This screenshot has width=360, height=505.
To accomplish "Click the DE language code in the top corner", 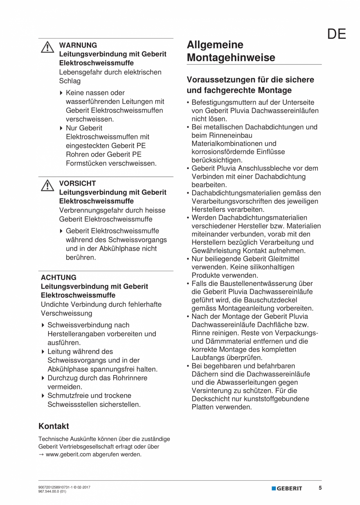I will tap(337, 34).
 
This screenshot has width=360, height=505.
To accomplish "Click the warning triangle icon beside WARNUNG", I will tap(47, 47).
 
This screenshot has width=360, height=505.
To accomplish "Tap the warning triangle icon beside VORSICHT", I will tap(47, 185).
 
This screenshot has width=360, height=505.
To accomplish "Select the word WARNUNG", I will tap(78, 45).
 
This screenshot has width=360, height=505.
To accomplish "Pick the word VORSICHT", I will tap(77, 183).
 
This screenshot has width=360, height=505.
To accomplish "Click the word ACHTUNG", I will tap(59, 278).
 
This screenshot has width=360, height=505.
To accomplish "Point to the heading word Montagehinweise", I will tap(231, 58).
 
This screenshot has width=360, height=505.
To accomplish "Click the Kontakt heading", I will tap(54, 426).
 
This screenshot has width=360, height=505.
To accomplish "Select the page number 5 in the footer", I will tap(320, 488).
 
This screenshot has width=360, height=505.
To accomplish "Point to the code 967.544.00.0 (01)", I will tap(52, 492).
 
